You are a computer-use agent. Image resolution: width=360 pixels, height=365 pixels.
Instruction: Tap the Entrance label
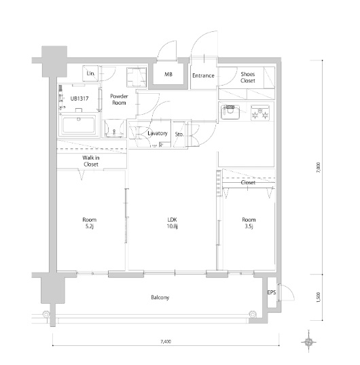pos(203,75)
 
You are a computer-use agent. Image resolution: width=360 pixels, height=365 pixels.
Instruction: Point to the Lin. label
pos(90,73)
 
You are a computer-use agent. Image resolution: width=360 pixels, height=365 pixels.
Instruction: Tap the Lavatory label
pos(158,133)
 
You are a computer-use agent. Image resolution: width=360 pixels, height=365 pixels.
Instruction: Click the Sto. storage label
pos(179,134)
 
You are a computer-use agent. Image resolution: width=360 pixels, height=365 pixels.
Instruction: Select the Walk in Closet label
pos(91,161)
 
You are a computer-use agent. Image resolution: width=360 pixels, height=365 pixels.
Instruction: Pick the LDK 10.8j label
pos(173,224)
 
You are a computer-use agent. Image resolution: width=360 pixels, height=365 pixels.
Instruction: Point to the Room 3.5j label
pos(249,224)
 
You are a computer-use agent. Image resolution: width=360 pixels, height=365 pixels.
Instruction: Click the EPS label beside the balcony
pos(271,293)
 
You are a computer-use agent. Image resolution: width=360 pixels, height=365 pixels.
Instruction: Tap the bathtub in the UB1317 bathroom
pos(79,126)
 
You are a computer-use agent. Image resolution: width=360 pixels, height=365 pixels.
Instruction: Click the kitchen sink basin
pos(230,110)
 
